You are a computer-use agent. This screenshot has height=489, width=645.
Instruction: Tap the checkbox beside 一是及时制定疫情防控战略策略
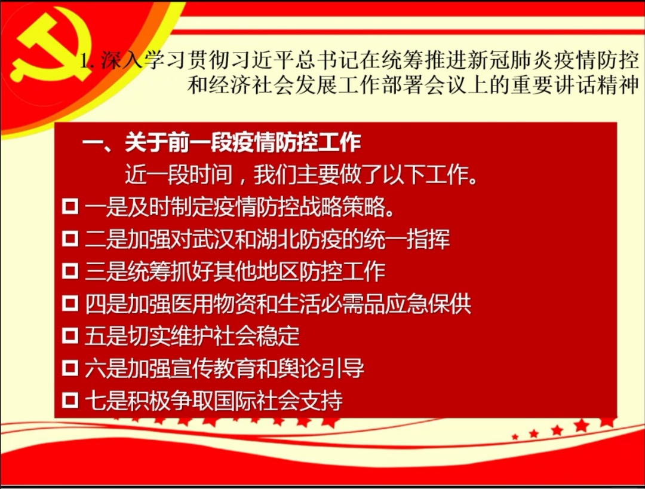coord(70,207)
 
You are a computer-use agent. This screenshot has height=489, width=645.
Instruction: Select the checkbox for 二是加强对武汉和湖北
coord(70,239)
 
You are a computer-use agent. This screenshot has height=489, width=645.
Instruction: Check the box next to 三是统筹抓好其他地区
coord(70,271)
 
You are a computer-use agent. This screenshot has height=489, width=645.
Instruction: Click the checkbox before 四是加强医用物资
coord(70,303)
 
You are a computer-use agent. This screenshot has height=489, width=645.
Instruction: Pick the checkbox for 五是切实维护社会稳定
coord(70,335)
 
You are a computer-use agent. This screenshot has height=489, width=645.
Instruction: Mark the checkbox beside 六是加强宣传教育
coord(70,368)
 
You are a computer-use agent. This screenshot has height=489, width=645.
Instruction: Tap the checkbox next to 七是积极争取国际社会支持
coord(70,400)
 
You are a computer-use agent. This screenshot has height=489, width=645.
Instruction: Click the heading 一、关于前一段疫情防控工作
coord(222,142)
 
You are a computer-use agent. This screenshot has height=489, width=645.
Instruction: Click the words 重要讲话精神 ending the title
coord(575,85)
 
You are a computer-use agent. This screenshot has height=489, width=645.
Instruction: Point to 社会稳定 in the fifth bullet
coord(257,336)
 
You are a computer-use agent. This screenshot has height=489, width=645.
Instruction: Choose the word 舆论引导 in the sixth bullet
coord(321,368)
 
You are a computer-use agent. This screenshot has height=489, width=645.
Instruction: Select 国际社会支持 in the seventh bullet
coord(278,401)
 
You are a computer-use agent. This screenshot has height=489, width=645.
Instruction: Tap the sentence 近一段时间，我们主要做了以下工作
coord(301,175)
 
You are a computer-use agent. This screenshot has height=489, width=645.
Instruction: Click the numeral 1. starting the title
coord(87,62)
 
